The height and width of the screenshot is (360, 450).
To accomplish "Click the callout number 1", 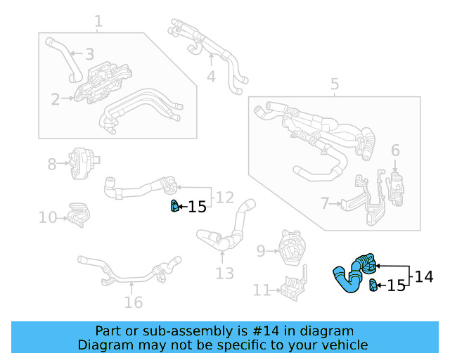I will click(98, 21).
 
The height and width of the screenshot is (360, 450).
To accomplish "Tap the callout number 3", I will click(89, 53).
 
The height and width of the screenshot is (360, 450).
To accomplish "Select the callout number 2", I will click(56, 99).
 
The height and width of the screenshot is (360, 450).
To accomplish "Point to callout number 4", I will click(211, 76).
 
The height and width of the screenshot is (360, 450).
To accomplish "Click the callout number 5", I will click(335, 85).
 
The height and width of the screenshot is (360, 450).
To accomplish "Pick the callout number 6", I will click(395, 150).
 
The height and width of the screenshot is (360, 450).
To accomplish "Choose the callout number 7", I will click(325, 204).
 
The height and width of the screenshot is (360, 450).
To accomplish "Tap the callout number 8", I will click(52, 165).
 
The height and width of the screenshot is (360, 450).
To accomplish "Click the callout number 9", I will click(260, 250).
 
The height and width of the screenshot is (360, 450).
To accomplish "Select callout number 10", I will click(48, 217).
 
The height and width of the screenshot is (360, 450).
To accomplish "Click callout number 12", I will click(224, 198).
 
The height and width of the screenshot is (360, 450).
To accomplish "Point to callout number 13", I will click(224, 273).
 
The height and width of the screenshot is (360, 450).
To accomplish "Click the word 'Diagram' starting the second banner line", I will click(102, 345).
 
